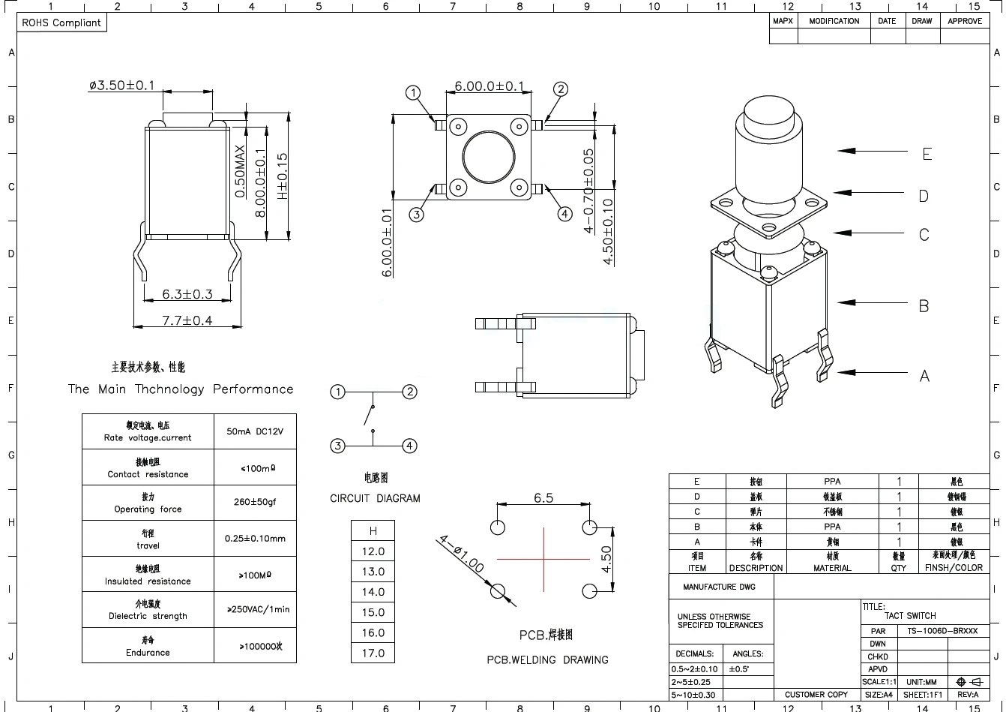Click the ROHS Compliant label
pyautogui.click(x=61, y=23)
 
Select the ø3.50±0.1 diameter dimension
pyautogui.click(x=121, y=86)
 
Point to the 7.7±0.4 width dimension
pyautogui.click(x=187, y=320)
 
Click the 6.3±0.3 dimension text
pyautogui.click(x=187, y=294)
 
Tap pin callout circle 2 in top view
pyautogui.click(x=561, y=89)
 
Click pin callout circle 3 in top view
pyautogui.click(x=417, y=215)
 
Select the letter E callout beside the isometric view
pyautogui.click(x=927, y=154)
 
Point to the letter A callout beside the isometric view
pyautogui.click(x=924, y=376)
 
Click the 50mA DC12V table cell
pyautogui.click(x=255, y=431)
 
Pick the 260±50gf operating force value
pyautogui.click(x=255, y=502)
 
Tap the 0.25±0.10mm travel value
pyautogui.click(x=255, y=539)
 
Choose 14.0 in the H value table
pyautogui.click(x=373, y=592)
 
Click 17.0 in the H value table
pyautogui.click(x=373, y=653)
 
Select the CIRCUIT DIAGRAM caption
pyautogui.click(x=375, y=498)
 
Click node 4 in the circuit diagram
pyautogui.click(x=409, y=446)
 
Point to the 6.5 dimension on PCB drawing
pyautogui.click(x=543, y=498)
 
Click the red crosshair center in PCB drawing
pyautogui.click(x=543, y=558)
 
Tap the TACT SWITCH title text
pyautogui.click(x=910, y=615)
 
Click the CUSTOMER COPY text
pyautogui.click(x=816, y=695)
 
